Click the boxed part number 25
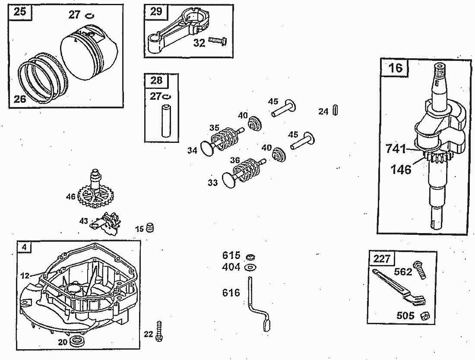click(x=20, y=12)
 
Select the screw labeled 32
click(x=217, y=40)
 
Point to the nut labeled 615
click(x=249, y=257)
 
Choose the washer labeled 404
click(x=249, y=268)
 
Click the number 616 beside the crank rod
click(x=231, y=294)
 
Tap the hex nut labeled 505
click(x=424, y=316)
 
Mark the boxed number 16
click(x=395, y=68)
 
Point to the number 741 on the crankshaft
click(x=396, y=149)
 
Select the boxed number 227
click(x=382, y=259)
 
